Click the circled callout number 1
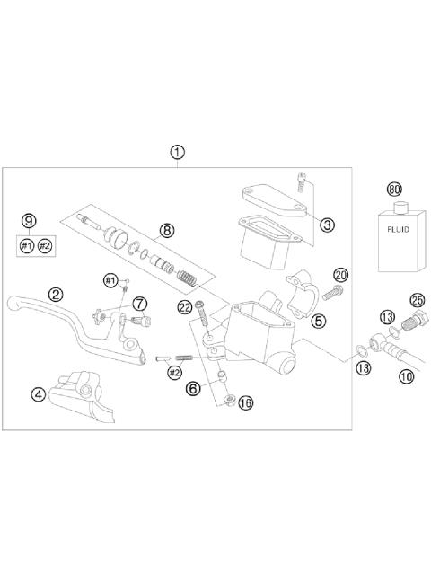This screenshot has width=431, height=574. tap(178, 152)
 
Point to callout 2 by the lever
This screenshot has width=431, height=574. tap(56, 294)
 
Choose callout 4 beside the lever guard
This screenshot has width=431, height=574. tap(38, 393)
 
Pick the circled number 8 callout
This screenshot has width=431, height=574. tap(167, 231)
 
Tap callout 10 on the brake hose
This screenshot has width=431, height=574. tap(406, 377)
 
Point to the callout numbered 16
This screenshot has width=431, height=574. tap(246, 403)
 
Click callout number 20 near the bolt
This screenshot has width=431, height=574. tap(339, 274)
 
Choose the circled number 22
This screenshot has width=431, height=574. tap(186, 308)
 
